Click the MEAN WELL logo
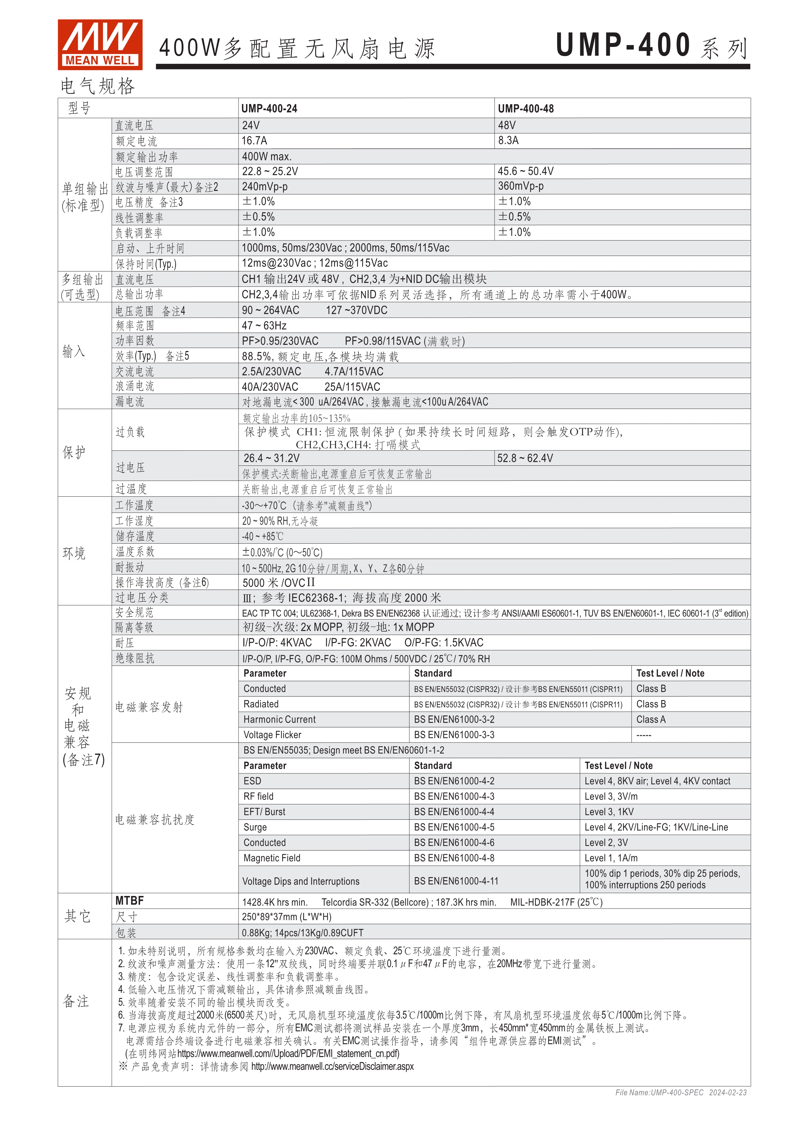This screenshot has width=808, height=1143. coord(100,44)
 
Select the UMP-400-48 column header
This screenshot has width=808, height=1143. coord(526,109)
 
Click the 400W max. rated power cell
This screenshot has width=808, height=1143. coord(266,156)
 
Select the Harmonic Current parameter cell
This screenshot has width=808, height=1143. coord(279,719)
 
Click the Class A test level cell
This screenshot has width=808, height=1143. coord(651,719)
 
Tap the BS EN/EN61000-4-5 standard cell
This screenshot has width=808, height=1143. coord(454,827)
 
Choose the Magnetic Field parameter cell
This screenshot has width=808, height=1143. coord(272,858)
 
